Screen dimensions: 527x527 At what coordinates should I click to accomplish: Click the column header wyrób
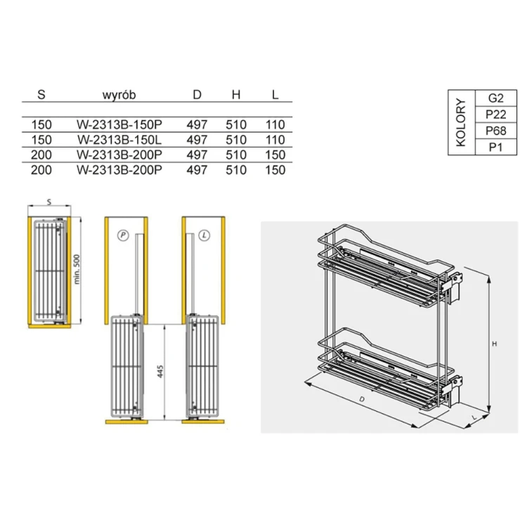pyautogui.click(x=119, y=95)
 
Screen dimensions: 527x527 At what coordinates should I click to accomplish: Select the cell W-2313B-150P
pyautogui.click(x=119, y=124)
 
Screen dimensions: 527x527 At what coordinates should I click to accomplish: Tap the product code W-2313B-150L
pyautogui.click(x=119, y=140)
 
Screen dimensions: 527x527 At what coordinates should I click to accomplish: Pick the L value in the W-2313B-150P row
pyautogui.click(x=275, y=124)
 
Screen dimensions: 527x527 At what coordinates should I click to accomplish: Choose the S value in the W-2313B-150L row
pyautogui.click(x=41, y=140)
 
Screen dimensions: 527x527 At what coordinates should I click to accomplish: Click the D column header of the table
pyautogui.click(x=197, y=95)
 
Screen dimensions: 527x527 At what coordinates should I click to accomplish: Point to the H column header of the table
pyautogui.click(x=236, y=95)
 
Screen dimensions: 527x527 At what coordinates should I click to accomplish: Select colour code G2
pyautogui.click(x=496, y=98)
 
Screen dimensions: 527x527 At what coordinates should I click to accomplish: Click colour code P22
pyautogui.click(x=496, y=115)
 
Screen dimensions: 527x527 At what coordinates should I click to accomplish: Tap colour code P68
pyautogui.click(x=496, y=131)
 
